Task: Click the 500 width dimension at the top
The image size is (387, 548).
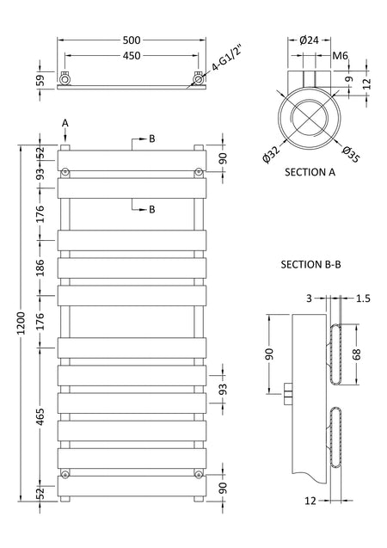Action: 132,40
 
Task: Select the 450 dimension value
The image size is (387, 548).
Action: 132,56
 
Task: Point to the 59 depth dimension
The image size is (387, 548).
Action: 41,80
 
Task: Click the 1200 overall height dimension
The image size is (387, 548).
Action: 21,323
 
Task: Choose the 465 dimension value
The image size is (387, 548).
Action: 40,416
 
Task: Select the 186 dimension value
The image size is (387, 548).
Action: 40,268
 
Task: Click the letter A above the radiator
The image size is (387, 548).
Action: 65,123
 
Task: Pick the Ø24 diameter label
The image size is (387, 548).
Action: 309,40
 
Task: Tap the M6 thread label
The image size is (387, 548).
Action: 341,56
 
